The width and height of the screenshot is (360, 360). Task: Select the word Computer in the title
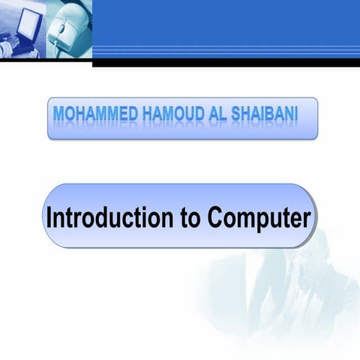coord(258,218)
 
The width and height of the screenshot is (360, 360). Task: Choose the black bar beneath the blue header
coord(225,63)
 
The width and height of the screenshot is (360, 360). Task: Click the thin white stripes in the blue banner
coord(225,50)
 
